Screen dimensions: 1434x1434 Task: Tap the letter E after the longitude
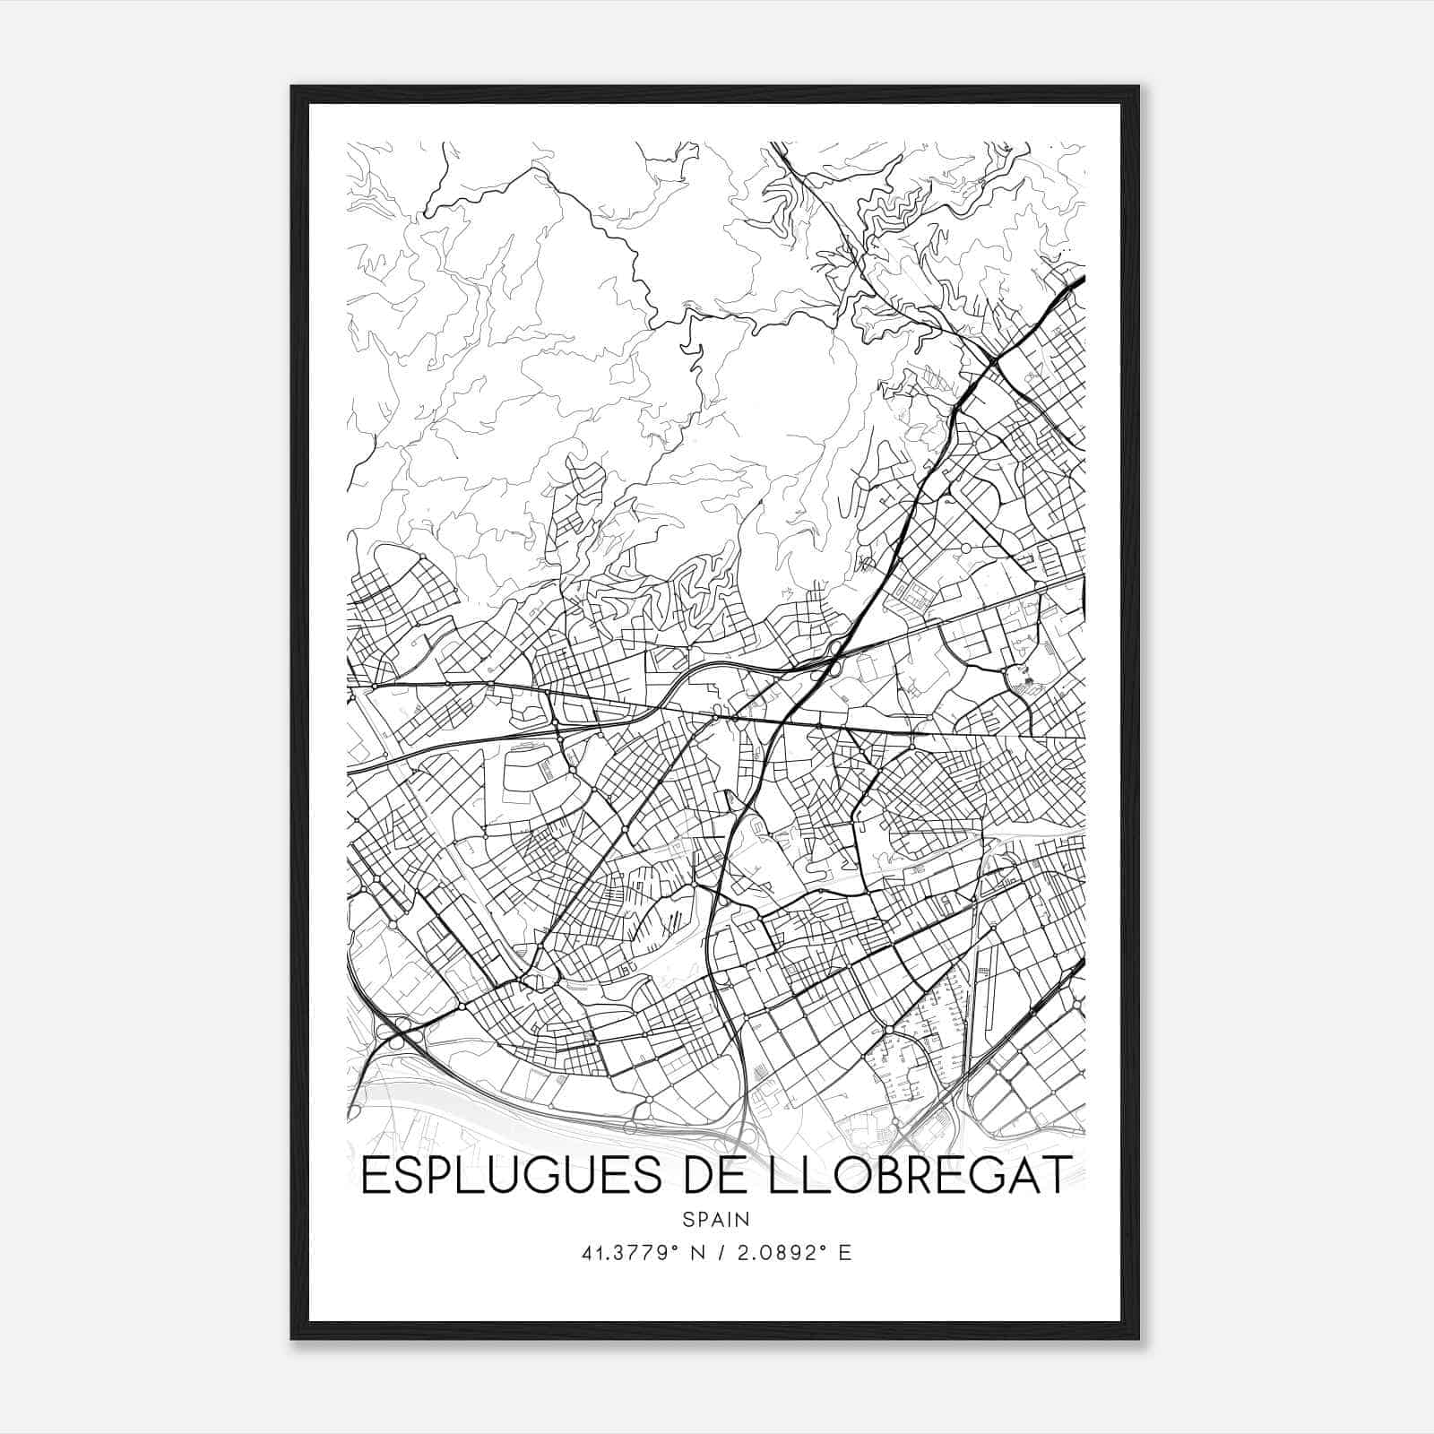[x=843, y=1253]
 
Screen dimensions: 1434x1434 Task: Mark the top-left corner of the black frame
[x=293, y=88]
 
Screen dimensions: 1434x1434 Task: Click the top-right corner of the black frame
[x=1137, y=88]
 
